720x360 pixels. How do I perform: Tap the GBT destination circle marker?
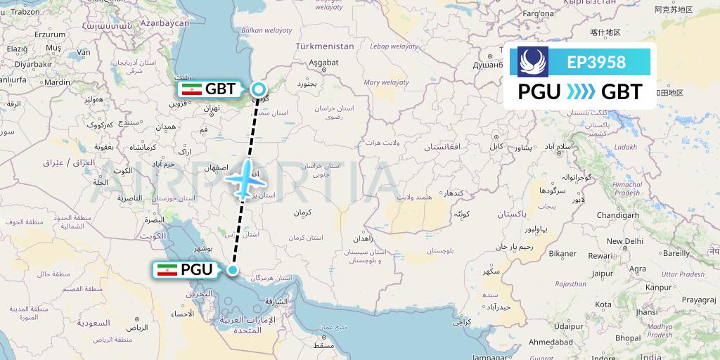259,89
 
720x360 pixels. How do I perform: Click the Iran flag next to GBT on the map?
192,89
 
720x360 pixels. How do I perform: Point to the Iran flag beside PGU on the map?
167,269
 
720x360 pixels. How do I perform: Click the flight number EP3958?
596,62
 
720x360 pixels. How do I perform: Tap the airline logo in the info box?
533,62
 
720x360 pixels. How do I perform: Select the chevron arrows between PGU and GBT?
581,91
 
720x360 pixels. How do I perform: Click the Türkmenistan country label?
324,46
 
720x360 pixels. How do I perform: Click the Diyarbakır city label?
34,64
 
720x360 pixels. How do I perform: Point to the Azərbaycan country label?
165,23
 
